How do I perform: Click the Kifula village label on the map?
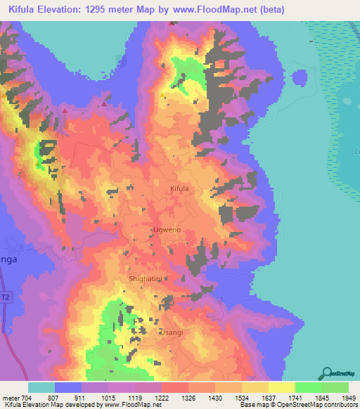coord(180,189)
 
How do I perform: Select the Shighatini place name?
coord(146,279)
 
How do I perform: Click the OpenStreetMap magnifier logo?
coord(328,372)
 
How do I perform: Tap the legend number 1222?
coord(162,397)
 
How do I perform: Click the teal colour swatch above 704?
coord(41,387)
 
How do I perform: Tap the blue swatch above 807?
coord(68,387)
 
